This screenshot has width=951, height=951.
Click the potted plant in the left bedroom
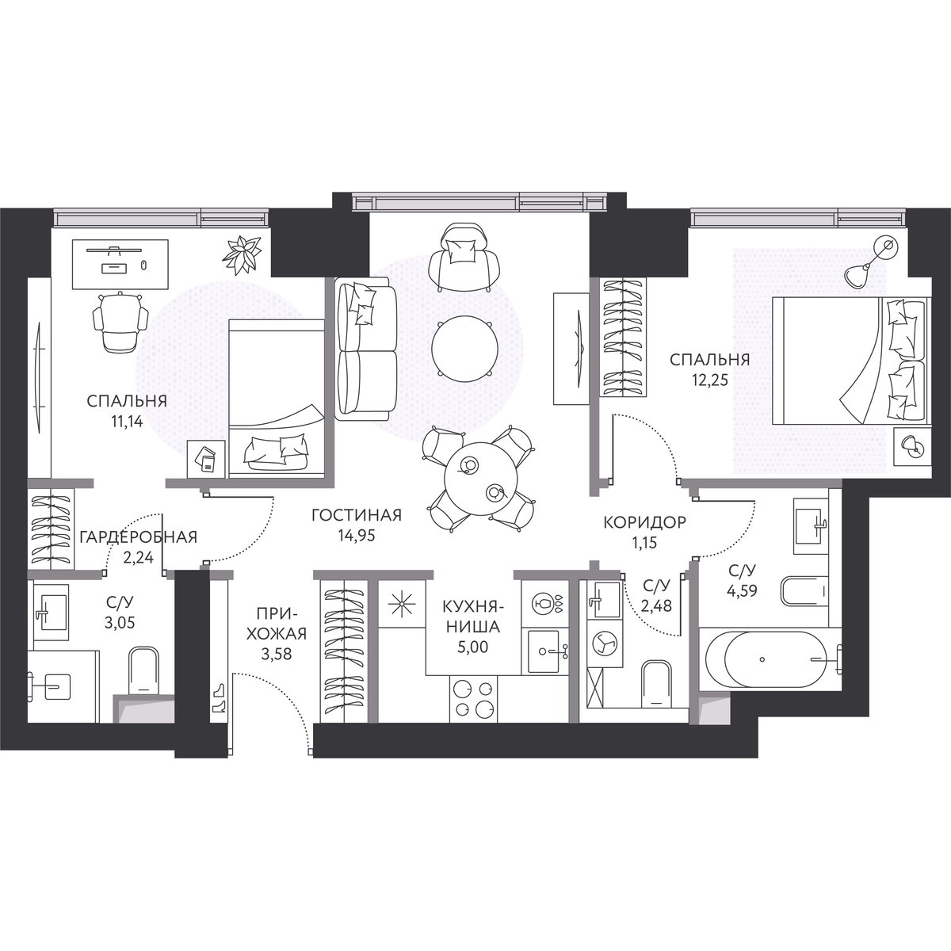coord(242,254)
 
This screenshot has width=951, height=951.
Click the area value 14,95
coord(357,536)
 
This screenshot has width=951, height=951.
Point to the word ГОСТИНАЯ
coord(357,515)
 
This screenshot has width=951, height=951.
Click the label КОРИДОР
coord(645,522)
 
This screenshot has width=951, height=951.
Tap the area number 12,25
coord(709,380)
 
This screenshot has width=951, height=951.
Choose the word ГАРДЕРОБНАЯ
coord(138,537)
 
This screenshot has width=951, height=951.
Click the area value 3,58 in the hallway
coord(277,655)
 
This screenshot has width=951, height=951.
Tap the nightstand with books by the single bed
coord(206,459)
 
